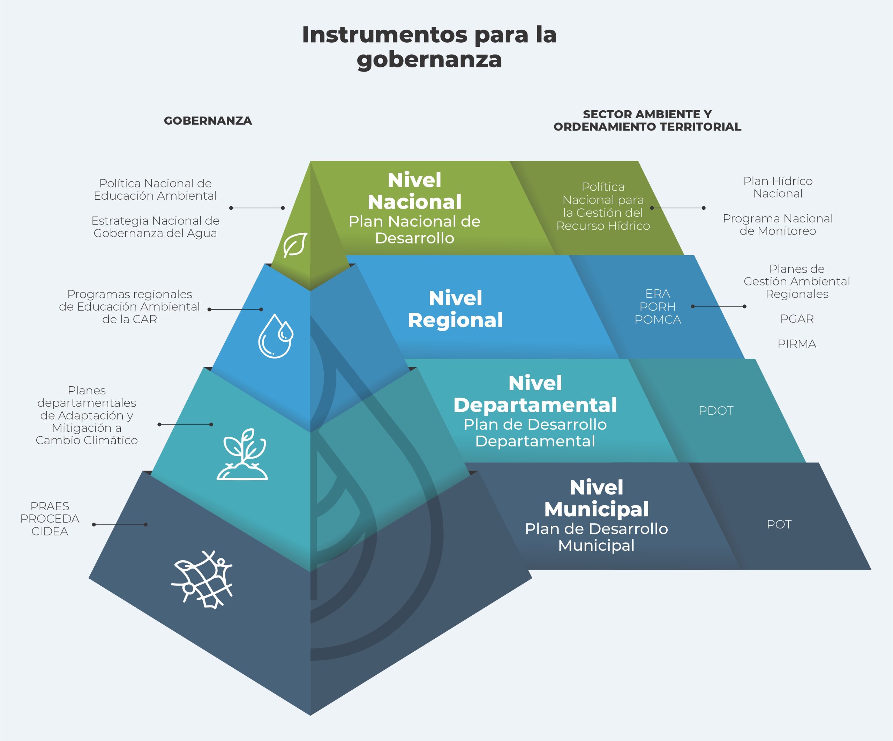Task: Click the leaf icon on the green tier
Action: point(295,245)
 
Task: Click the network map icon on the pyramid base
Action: point(202,580)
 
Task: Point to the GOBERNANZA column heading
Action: point(208,121)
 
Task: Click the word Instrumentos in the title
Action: point(385,35)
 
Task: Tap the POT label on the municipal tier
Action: point(779,525)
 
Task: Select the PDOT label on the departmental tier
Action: point(716,411)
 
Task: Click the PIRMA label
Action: point(797,344)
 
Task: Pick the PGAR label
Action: point(797,319)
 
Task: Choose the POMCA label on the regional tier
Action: point(658,319)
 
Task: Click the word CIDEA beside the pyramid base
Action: point(50,531)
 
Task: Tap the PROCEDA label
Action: point(50,519)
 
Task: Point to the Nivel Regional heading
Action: point(456,309)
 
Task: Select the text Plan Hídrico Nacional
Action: point(778,187)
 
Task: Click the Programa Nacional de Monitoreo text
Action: point(778,224)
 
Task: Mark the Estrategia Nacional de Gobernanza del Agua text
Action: point(155,227)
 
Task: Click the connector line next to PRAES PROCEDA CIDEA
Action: point(120,525)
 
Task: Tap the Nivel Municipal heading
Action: point(596,498)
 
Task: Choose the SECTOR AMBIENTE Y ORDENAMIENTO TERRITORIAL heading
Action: point(647,120)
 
